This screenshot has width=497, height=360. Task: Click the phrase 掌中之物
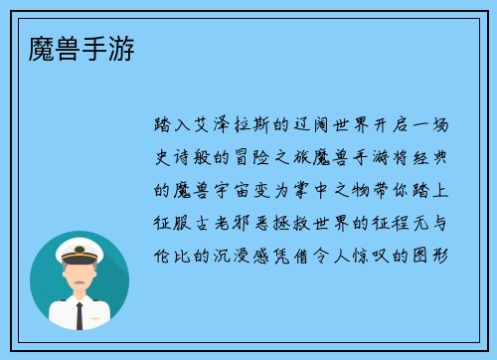[339, 189]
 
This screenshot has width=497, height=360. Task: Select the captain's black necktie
[80, 312]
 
